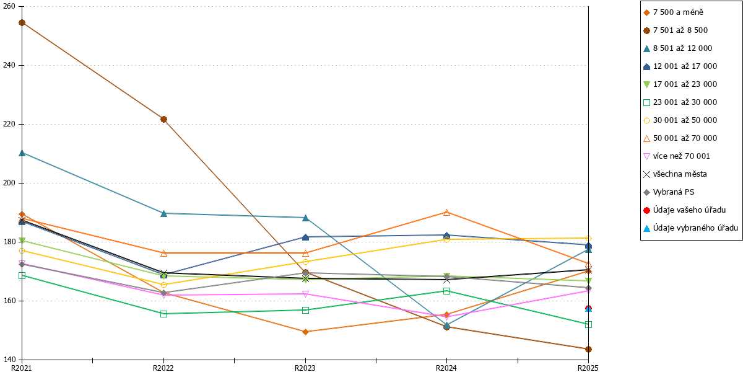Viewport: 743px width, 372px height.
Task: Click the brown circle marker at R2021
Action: coord(22,22)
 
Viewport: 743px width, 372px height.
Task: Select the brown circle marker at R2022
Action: coord(163,119)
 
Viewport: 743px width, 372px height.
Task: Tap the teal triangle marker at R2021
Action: coord(22,153)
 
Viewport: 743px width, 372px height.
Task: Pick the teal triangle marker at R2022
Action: coord(163,213)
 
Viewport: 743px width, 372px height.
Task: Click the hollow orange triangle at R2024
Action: coord(446,213)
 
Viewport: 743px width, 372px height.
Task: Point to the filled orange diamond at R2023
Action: coord(305,332)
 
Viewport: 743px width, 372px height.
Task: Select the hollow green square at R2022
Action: coord(163,314)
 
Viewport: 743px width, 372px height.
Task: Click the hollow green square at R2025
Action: coord(588,324)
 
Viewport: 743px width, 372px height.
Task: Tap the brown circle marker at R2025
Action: coord(588,349)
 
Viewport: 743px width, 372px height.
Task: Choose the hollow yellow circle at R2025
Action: coord(588,239)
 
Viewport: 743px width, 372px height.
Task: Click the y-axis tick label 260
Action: coord(9,6)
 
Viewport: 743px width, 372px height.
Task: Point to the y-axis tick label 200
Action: coord(9,183)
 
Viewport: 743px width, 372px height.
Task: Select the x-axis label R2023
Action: coord(305,368)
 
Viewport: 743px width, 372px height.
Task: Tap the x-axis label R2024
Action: coord(446,368)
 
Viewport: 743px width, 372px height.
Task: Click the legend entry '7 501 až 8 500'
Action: coord(676,30)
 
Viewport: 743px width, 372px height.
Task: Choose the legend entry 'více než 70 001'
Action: coord(676,156)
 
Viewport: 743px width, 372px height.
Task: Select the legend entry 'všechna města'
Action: coord(675,174)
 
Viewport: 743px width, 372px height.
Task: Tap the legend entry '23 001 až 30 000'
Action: coord(680,102)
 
